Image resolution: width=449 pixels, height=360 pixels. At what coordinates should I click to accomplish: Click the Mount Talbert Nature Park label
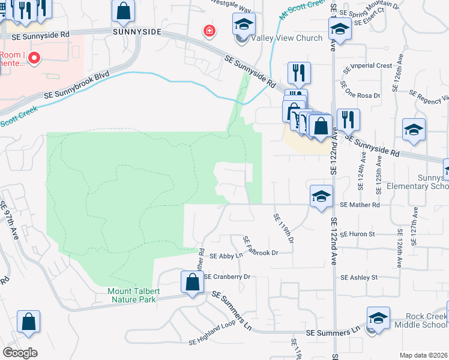(x=131, y=295)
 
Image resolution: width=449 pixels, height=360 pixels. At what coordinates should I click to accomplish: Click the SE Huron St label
(x=357, y=234)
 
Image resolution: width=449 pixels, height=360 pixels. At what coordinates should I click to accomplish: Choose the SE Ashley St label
(x=359, y=278)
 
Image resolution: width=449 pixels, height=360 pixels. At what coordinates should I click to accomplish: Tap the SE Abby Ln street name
(x=226, y=256)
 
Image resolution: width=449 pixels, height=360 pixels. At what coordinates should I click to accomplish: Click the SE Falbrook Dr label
(x=260, y=248)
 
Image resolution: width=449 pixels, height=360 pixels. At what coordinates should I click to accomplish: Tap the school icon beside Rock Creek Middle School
(x=379, y=318)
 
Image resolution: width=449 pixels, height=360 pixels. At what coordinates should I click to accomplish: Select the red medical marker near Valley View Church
(x=209, y=31)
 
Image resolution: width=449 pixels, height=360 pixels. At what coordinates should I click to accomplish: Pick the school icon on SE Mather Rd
(x=321, y=196)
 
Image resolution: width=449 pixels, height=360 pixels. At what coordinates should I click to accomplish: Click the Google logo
(x=20, y=353)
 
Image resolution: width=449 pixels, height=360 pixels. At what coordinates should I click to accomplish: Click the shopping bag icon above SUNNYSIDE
(x=123, y=11)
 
